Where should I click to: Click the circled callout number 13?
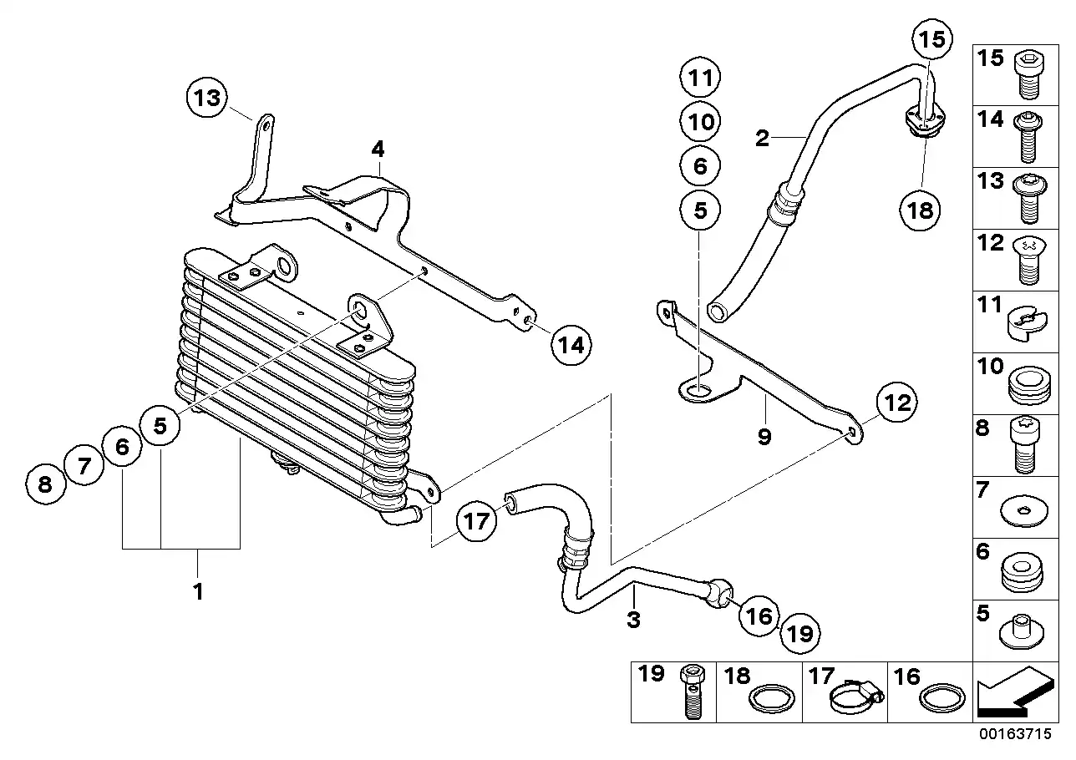[x=207, y=98]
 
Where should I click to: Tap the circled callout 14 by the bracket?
[x=571, y=345]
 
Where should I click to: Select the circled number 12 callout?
[x=897, y=403]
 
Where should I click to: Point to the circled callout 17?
[x=476, y=521]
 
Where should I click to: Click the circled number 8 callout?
[x=45, y=484]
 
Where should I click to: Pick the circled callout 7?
[x=84, y=465]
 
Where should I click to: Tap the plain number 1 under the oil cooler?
[x=198, y=591]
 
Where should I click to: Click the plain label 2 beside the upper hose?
[x=762, y=139]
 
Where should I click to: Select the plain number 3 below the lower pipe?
[x=633, y=620]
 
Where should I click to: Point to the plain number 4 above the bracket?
[x=378, y=149]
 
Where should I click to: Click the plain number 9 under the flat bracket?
[x=764, y=437]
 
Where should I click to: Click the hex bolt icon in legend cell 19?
[x=692, y=692]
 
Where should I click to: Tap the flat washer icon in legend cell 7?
[x=1023, y=510]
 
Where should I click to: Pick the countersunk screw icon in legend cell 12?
[x=1028, y=261]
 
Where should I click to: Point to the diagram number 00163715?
[x=1016, y=734]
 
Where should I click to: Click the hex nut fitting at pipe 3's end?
[x=718, y=594]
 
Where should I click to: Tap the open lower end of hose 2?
[x=718, y=312]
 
